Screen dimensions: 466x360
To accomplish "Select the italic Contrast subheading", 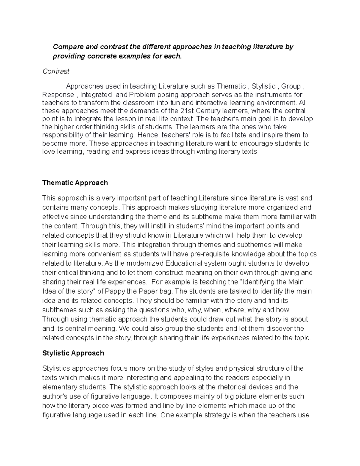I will pos(56,71).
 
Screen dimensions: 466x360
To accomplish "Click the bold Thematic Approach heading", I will pos(75,183).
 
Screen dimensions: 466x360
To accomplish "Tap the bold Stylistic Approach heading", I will pos(73,353).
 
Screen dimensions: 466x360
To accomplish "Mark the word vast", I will pos(292,198).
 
